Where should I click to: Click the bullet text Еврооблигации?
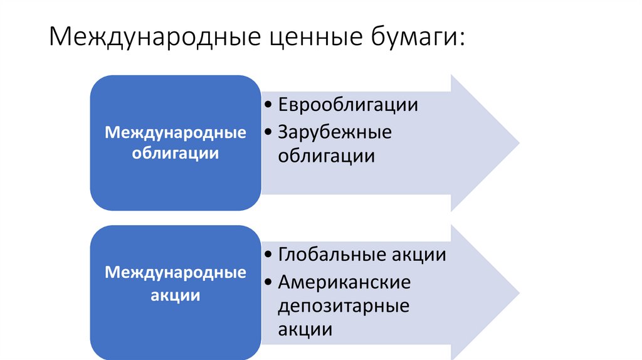click(348, 104)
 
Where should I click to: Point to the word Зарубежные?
click(335, 132)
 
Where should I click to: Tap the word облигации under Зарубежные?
click(327, 156)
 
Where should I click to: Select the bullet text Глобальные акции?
click(362, 255)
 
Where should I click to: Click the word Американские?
click(345, 282)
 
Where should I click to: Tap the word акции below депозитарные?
click(305, 329)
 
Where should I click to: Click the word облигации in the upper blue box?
click(176, 154)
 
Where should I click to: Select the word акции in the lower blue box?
click(176, 295)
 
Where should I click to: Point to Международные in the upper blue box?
click(176, 133)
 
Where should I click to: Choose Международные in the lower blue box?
click(176, 273)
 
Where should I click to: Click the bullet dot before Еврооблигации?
click(268, 105)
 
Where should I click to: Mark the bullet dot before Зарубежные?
click(268, 133)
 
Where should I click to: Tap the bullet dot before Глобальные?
click(268, 256)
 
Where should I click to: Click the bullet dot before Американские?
click(268, 283)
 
